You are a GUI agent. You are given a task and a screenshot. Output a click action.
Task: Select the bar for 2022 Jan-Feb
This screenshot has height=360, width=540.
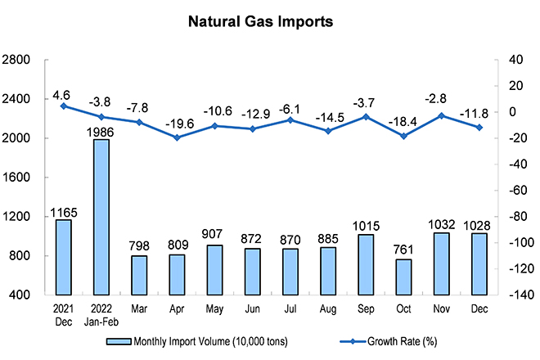pos(101,217)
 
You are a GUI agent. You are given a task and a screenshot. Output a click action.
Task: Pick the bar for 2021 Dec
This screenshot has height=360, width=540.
pos(64,257)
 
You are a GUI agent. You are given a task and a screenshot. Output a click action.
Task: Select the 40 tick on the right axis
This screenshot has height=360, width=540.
pos(511,60)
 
